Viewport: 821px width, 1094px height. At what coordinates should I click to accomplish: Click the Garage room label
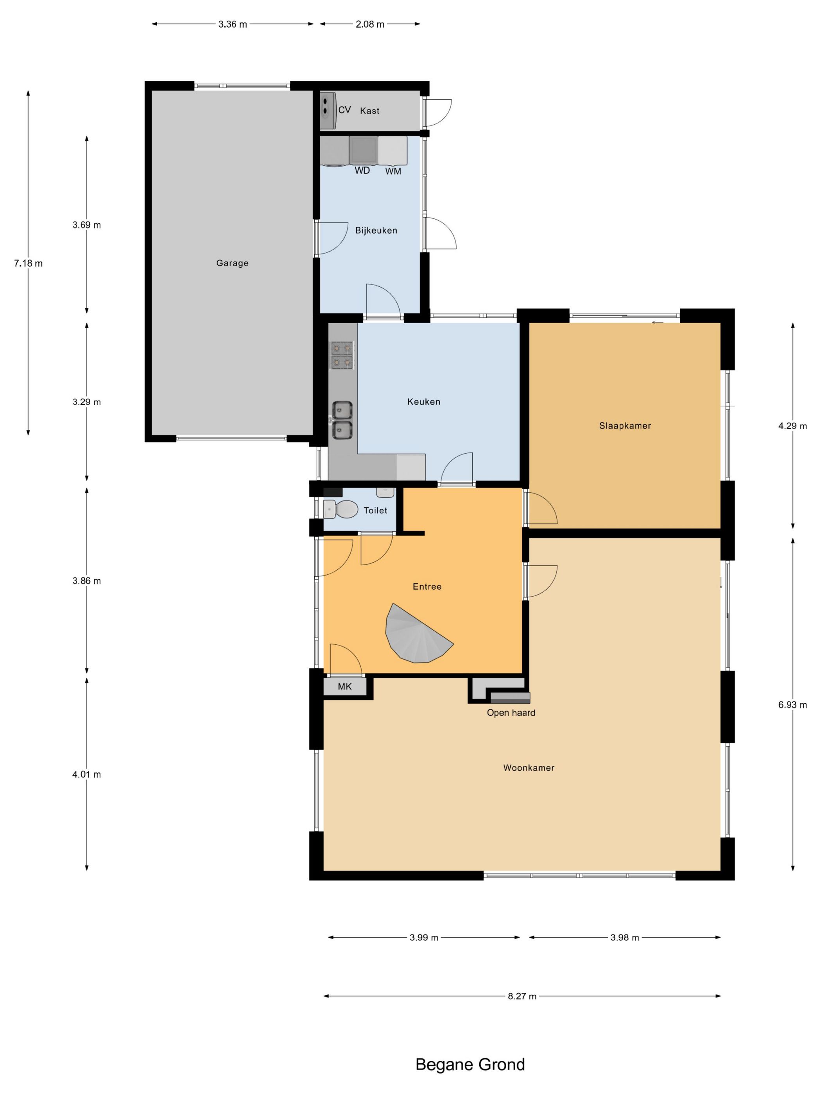(x=232, y=263)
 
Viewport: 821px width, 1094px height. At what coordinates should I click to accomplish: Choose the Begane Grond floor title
(x=470, y=1064)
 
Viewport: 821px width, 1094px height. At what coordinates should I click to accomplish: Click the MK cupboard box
(x=345, y=686)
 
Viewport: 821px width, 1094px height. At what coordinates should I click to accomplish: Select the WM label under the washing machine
(x=393, y=172)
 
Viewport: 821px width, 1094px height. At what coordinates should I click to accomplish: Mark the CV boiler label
(x=344, y=110)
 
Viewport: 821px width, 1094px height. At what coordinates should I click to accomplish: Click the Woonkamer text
(x=529, y=768)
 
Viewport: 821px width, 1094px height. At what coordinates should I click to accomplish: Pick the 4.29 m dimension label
(x=792, y=426)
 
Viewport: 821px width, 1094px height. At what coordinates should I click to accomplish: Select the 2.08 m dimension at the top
(x=370, y=24)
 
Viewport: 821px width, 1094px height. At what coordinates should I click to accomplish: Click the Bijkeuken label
(x=376, y=231)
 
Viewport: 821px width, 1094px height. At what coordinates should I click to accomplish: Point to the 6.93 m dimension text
(x=792, y=705)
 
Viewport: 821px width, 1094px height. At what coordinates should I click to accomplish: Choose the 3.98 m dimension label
(x=624, y=937)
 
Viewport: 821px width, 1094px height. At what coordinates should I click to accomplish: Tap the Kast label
(x=370, y=111)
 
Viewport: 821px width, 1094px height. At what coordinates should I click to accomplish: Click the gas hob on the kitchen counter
(x=342, y=355)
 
